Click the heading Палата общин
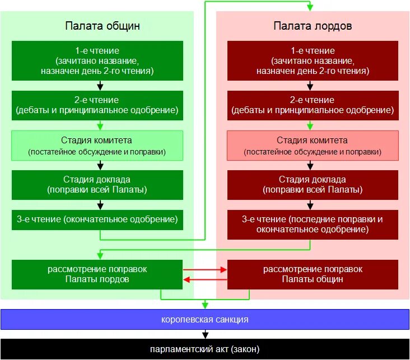[102, 26]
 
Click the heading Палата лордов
[313, 26]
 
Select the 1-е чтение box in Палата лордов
[313, 60]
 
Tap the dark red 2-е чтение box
[313, 105]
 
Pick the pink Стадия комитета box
[313, 145]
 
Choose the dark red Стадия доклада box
[313, 184]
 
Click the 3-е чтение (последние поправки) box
[313, 224]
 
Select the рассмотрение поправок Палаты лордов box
[97, 274]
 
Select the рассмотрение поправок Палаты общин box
[313, 274]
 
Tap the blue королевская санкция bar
[205, 320]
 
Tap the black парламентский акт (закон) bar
[205, 349]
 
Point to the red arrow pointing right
[224, 270]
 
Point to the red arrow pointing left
[187, 279]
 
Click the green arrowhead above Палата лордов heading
[310, 7]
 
